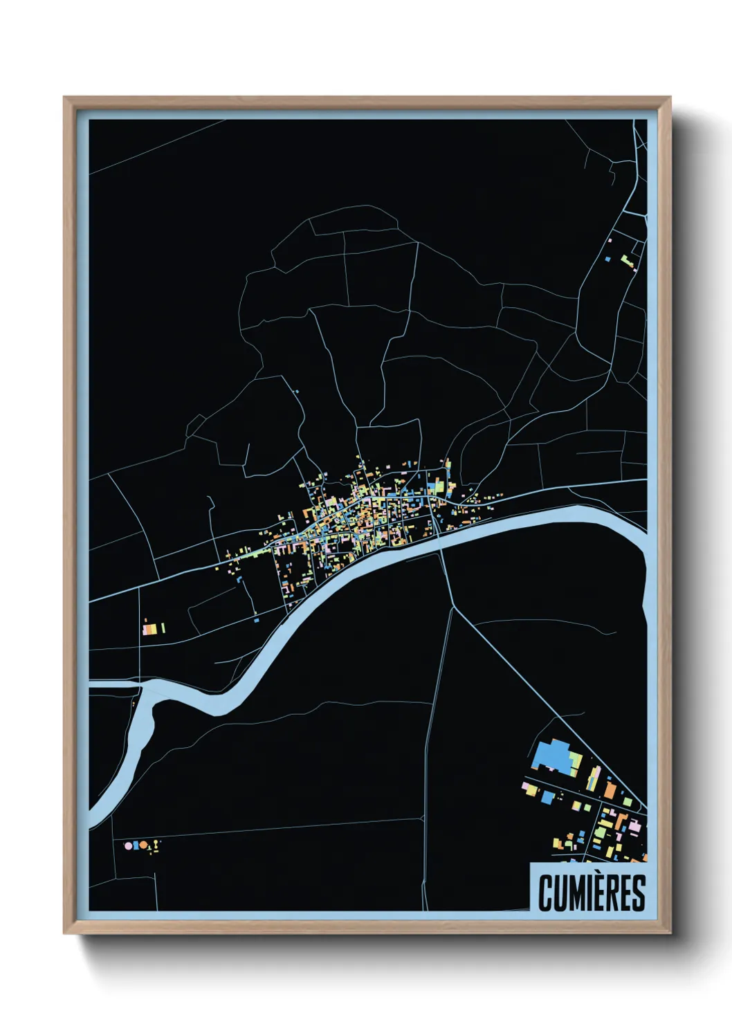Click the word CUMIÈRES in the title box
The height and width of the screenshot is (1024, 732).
pos(592,893)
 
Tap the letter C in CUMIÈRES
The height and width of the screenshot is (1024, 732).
pos(545,893)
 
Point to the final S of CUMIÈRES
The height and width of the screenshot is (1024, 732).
pos(638,893)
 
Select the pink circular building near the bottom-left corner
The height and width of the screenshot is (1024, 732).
pos(127,845)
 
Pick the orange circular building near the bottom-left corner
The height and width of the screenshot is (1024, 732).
pos(144,845)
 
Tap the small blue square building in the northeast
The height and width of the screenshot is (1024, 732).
pos(607,260)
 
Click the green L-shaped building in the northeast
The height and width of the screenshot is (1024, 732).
pos(627,262)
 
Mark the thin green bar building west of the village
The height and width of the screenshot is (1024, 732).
pos(163,628)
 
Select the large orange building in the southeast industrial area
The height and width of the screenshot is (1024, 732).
pos(610,789)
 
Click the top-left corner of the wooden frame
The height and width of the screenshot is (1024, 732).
pos(64,98)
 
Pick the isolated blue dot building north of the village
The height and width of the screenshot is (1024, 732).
pos(297,392)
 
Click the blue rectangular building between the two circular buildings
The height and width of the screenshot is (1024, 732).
pos(136,845)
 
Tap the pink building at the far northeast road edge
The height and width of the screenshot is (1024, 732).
pos(610,240)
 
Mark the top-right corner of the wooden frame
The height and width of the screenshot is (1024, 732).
pos(670,98)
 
